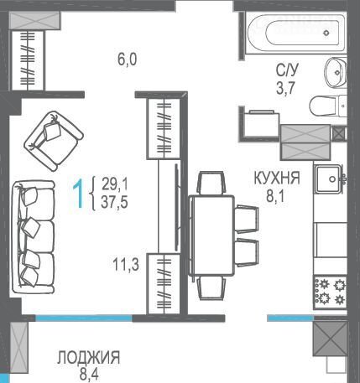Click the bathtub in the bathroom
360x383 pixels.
pos(295,33)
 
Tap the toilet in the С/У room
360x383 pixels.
pos(328,106)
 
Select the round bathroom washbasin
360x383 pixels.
pos(336,72)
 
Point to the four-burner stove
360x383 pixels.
pos(331,292)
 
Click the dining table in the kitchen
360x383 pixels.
pos(211,235)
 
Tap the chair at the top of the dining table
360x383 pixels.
pos(211,183)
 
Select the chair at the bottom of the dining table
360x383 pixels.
pos(211,288)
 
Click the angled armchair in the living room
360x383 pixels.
pos(54,141)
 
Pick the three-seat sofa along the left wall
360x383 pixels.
pos(34,237)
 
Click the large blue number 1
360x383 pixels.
pos(78,194)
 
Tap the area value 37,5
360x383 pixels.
pos(114,202)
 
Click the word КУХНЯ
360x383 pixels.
pos(277,178)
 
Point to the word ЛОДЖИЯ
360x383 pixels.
pos(89,358)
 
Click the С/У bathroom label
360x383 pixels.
pos(287,70)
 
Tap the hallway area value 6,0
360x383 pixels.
pos(128,60)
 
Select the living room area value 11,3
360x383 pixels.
pos(126,264)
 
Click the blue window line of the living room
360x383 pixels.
pos(84,318)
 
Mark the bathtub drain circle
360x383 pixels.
pos(326,33)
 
